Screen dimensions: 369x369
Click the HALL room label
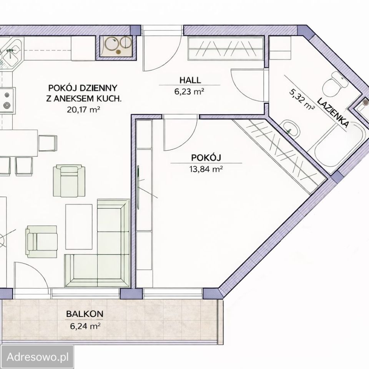tap(190, 80)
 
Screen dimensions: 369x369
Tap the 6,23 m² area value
tap(189, 91)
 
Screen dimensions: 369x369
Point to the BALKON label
tap(85, 314)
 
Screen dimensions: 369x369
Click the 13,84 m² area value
tap(206, 169)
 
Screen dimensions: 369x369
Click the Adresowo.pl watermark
tap(38, 357)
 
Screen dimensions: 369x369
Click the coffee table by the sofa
tap(79, 227)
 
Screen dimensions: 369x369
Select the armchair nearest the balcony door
tap(42, 241)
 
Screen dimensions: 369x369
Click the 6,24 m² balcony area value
tap(85, 326)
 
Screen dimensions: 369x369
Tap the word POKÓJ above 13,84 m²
tap(206, 158)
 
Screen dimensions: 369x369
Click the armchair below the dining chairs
tap(69, 181)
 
